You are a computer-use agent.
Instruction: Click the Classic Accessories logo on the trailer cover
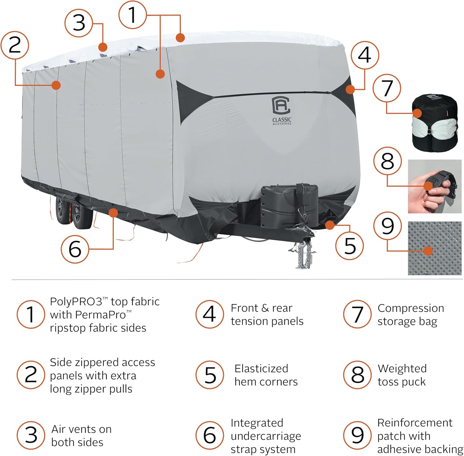pos(281,110)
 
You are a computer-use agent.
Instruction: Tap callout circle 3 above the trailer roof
pos(79,23)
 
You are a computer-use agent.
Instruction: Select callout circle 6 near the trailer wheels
pos(75,249)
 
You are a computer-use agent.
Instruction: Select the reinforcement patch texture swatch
pos(435,248)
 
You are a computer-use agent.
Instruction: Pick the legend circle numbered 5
pos(210,375)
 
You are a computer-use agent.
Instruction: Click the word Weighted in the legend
pos(402,368)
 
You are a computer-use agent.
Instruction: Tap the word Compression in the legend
pos(410,308)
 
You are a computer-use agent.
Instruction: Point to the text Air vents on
pos(81,429)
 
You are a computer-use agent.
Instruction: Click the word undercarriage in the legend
pos(266,436)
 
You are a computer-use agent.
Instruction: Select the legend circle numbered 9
pos(357,435)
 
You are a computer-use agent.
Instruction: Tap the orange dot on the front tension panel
pos(350,90)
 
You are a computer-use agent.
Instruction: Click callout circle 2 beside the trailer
pos(15,45)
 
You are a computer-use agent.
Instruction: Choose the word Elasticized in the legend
pos(261,368)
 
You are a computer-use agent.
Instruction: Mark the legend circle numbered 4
pos(209,314)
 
